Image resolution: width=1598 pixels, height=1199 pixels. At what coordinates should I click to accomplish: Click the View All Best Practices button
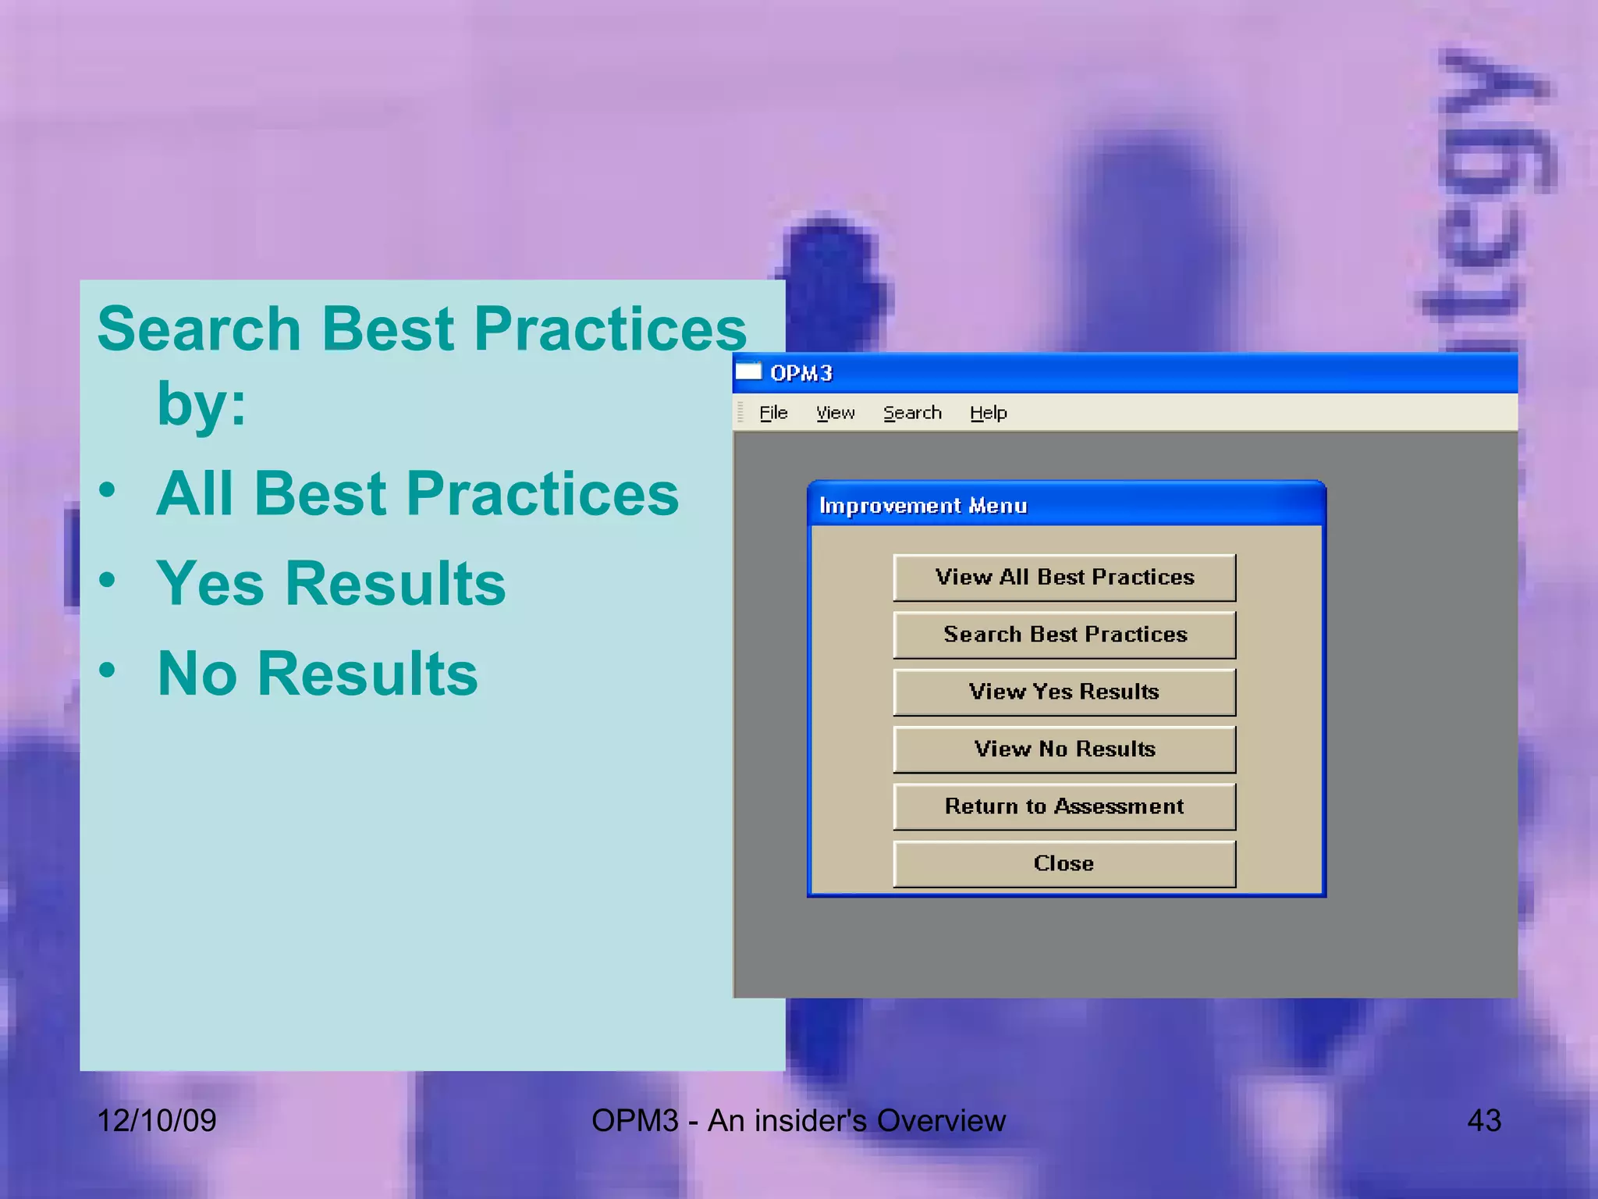pos(1064,578)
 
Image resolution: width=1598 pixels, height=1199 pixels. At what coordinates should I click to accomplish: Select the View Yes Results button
pos(1064,692)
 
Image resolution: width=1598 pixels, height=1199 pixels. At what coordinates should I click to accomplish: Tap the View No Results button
pos(1064,749)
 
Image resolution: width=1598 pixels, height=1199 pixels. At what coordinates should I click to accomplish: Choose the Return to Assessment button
pos(1064,806)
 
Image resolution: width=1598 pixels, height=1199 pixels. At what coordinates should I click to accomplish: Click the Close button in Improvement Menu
pos(1064,863)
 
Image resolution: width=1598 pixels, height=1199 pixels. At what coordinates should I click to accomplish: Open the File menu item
pos(773,413)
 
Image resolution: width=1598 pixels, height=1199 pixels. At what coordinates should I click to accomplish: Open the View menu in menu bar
pos(835,413)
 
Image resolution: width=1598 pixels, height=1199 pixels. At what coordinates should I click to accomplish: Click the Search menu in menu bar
pos(912,413)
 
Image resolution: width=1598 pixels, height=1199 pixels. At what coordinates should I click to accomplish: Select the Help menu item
pos(988,413)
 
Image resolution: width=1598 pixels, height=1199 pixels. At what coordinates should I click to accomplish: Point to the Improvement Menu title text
pos(923,506)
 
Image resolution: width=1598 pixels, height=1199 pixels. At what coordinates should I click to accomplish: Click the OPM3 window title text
pos(801,374)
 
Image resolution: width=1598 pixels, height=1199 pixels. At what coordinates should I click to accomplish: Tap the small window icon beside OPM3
pos(748,372)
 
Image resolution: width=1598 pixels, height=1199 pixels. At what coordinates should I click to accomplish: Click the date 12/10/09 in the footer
pos(156,1121)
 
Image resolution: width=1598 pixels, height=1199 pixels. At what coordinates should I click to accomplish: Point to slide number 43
pos(1483,1121)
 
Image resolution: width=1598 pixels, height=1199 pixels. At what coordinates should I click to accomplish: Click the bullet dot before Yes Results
pos(108,581)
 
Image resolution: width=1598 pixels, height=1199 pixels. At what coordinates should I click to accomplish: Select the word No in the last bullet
pos(197,674)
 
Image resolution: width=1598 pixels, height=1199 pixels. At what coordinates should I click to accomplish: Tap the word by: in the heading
pos(201,404)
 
